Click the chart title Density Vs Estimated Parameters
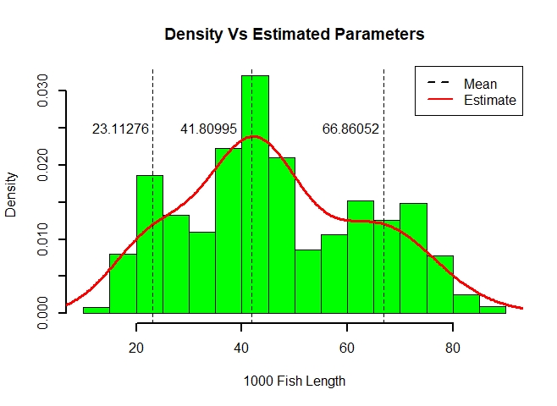pyautogui.click(x=294, y=35)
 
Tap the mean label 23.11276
pyautogui.click(x=120, y=129)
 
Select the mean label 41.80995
pyautogui.click(x=208, y=129)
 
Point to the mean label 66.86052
pyautogui.click(x=350, y=129)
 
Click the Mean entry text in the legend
pyautogui.click(x=480, y=84)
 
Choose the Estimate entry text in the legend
pyautogui.click(x=489, y=100)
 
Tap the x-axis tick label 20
pyautogui.click(x=136, y=346)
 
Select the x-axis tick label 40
pyautogui.click(x=242, y=346)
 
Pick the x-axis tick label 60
pyautogui.click(x=347, y=346)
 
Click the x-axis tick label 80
pyautogui.click(x=453, y=346)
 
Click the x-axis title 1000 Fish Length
pyautogui.click(x=294, y=381)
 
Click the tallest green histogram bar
pyautogui.click(x=255, y=195)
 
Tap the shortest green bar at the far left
pyautogui.click(x=97, y=310)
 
